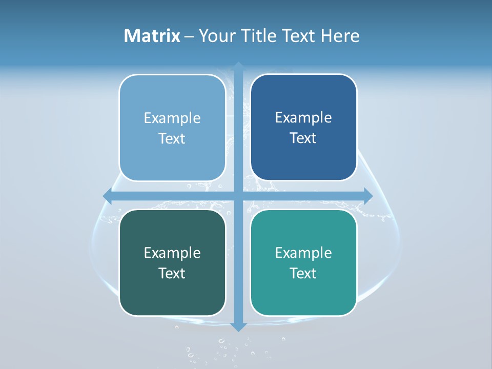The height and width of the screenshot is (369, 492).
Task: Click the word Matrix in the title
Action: pyautogui.click(x=152, y=36)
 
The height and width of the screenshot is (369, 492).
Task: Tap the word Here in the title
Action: pyautogui.click(x=340, y=36)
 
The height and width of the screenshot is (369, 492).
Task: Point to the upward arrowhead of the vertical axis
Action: pyautogui.click(x=238, y=66)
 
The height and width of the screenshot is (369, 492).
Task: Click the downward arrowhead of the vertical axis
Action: pyautogui.click(x=238, y=326)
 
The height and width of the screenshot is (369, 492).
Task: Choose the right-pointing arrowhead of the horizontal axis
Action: pyautogui.click(x=368, y=195)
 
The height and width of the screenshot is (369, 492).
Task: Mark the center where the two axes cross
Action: pyautogui.click(x=238, y=195)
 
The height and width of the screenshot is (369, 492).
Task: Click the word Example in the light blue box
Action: pyautogui.click(x=172, y=118)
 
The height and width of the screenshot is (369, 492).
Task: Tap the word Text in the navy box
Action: pyautogui.click(x=303, y=138)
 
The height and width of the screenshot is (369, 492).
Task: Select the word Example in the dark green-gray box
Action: pyautogui.click(x=172, y=253)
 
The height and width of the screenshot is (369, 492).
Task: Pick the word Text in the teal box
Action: pyautogui.click(x=303, y=274)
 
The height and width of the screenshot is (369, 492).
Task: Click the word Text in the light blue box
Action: pyautogui.click(x=172, y=139)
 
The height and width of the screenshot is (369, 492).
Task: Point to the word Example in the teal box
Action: pyautogui.click(x=303, y=253)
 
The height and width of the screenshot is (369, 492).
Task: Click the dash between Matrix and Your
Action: pyautogui.click(x=189, y=36)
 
